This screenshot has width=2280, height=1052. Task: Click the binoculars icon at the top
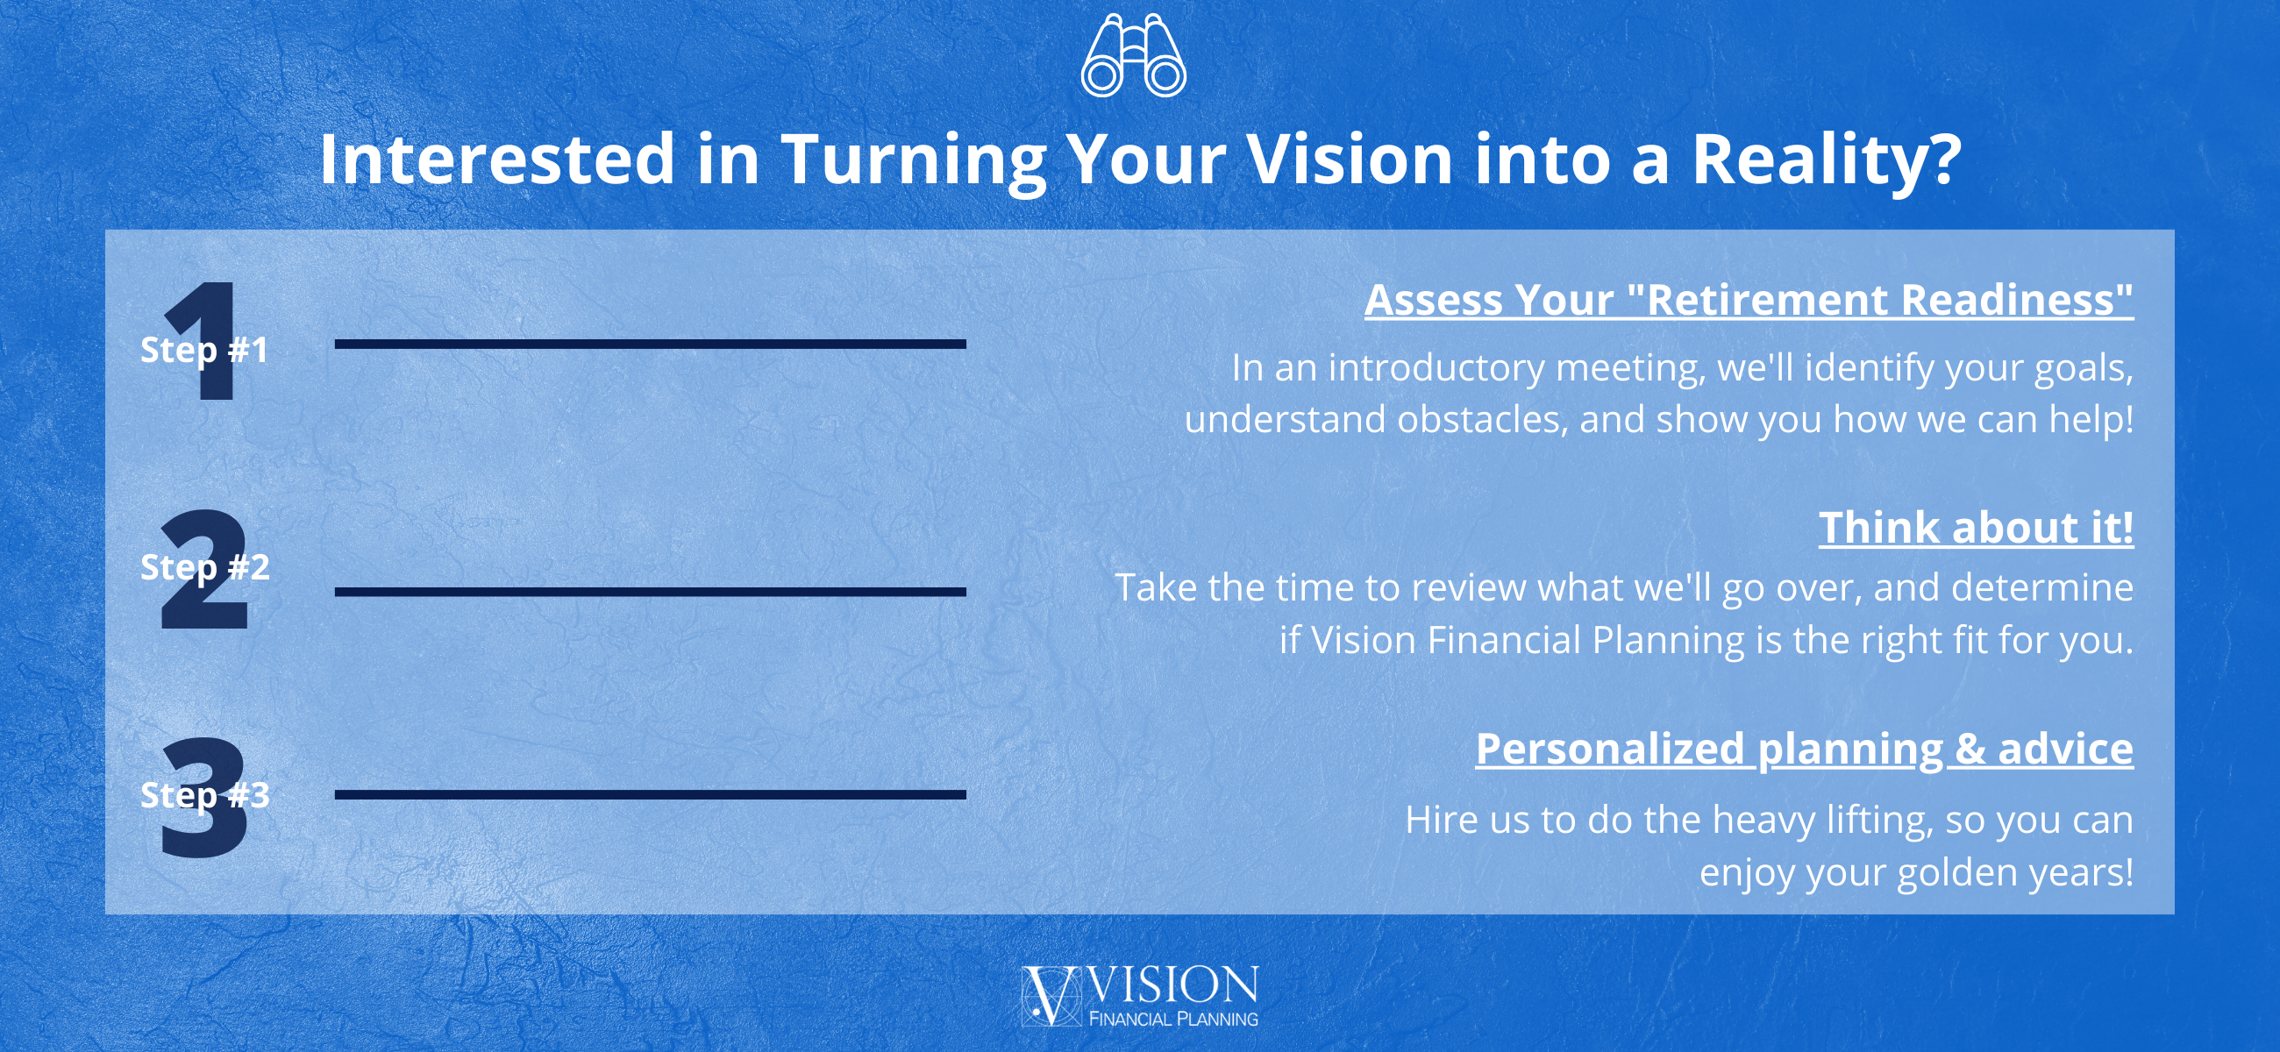[x=1134, y=55]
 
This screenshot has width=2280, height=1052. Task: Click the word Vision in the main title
[x=1350, y=160]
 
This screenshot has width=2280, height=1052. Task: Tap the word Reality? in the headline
[x=1827, y=161]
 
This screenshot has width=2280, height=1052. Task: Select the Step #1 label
[x=204, y=350]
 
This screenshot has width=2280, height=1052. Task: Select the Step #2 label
[x=204, y=567]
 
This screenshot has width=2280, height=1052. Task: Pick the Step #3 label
[x=204, y=794]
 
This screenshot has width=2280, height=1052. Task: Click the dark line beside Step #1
[x=651, y=345]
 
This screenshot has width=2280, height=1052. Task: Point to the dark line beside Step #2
[x=651, y=592]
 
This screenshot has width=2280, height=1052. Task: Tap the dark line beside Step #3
[x=651, y=794]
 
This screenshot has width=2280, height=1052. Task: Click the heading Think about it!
[x=1977, y=529]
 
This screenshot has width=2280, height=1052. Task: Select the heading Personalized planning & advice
[x=1805, y=750]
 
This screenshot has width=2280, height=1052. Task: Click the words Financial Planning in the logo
[x=1173, y=1019]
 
